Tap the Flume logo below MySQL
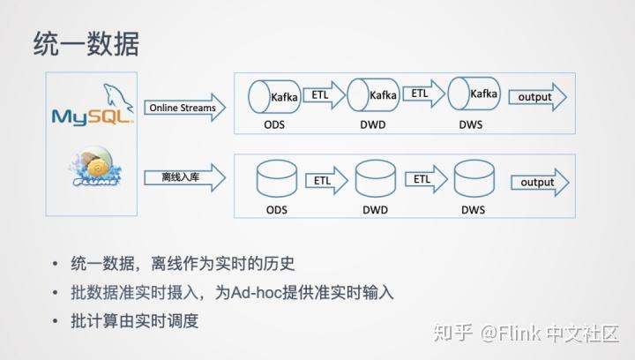coord(92,172)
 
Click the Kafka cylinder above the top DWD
coord(373,95)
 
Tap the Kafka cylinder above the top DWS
coord(473,95)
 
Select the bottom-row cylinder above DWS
coord(473,181)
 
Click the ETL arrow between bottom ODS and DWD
coord(325,180)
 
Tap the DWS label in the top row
coord(471,124)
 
